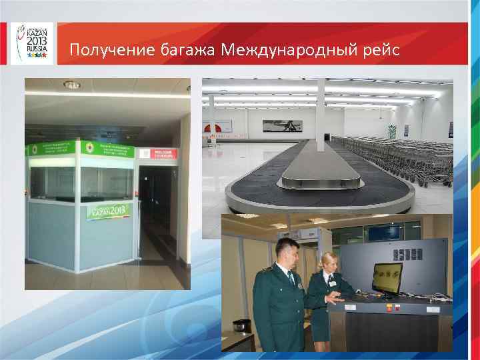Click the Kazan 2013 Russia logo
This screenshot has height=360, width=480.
tap(31, 43)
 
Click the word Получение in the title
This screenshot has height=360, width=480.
tap(111, 50)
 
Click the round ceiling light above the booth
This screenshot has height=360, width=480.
tap(71, 85)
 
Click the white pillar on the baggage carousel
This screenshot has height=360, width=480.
tap(322, 113)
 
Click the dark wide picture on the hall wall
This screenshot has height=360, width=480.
tap(282, 125)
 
